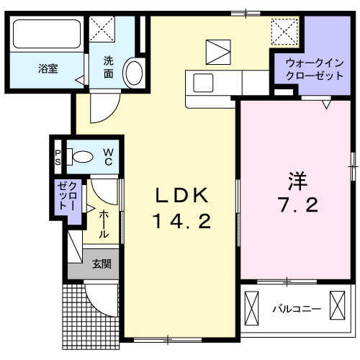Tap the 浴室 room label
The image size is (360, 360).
[x=48, y=69]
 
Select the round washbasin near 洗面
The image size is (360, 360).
[x=134, y=72]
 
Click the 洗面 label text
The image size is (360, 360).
[x=107, y=67]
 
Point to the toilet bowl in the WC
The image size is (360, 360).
[x=84, y=156]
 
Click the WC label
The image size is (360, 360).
[x=107, y=156]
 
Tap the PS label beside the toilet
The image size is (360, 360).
[x=58, y=156]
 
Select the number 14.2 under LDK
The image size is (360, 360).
[x=181, y=222]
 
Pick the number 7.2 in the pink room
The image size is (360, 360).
[x=293, y=206]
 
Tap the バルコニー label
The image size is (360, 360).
[x=296, y=310]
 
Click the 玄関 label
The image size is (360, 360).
[x=101, y=264]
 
